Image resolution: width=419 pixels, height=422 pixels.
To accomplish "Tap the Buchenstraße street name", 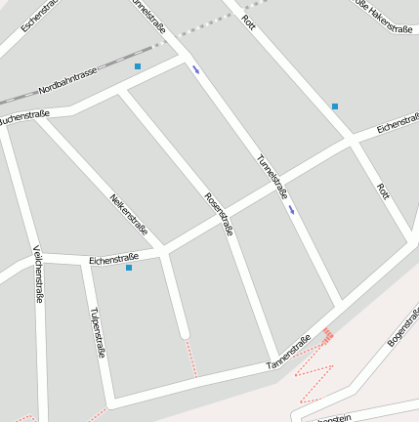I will click(x=24, y=117).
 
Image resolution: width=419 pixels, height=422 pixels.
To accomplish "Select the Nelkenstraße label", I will click(x=129, y=216).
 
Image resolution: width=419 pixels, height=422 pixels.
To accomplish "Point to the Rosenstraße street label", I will click(x=219, y=214).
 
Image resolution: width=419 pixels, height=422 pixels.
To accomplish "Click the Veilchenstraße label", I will click(x=38, y=274).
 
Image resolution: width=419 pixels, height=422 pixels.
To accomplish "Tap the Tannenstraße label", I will click(x=288, y=353).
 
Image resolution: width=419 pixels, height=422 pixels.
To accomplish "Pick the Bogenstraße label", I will click(x=403, y=326).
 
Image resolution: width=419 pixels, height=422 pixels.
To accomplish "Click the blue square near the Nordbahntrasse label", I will click(x=138, y=66).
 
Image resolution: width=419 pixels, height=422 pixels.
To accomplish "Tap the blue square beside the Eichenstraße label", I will click(x=129, y=268).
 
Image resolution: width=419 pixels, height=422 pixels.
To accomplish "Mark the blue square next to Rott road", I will click(x=335, y=105).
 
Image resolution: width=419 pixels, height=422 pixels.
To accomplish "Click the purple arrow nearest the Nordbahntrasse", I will click(x=196, y=69).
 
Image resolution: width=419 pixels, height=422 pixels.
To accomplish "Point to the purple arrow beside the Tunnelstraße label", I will click(x=292, y=209).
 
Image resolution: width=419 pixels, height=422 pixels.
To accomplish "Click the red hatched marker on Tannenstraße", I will click(x=328, y=335).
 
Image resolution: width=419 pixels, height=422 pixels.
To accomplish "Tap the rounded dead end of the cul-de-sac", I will click(x=185, y=335).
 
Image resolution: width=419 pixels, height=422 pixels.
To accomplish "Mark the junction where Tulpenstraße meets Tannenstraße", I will click(x=111, y=401).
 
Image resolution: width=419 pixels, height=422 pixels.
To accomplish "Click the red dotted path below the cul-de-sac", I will click(x=192, y=359).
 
